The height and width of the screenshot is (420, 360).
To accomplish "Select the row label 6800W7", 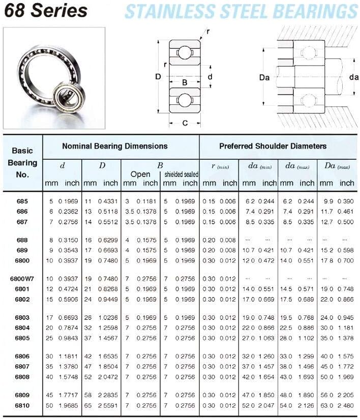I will pos(22,278).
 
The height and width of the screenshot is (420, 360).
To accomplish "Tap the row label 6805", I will pos(22,338).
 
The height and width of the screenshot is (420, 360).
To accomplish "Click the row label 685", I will pos(22,201).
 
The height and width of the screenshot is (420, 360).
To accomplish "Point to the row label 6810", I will pos(22,405).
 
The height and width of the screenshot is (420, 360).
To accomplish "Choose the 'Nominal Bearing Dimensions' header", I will pos(114,146).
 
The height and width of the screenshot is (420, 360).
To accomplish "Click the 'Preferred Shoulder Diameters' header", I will pos(273,146).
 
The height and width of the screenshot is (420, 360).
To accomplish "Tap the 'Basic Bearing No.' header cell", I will pos(22,162).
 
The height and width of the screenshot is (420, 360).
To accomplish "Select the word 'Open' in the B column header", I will pos(140,174).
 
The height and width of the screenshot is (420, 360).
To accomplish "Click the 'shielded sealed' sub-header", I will pos(181,174).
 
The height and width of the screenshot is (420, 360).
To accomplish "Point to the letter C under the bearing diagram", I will pos(185,123).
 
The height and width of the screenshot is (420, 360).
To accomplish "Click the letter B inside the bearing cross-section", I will pos(185,82).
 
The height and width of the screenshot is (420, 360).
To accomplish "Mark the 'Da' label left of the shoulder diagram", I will pos(264,78).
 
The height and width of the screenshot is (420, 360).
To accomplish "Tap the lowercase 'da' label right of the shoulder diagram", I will pos(354,77).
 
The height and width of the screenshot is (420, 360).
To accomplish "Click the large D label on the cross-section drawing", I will pos(158,77).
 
